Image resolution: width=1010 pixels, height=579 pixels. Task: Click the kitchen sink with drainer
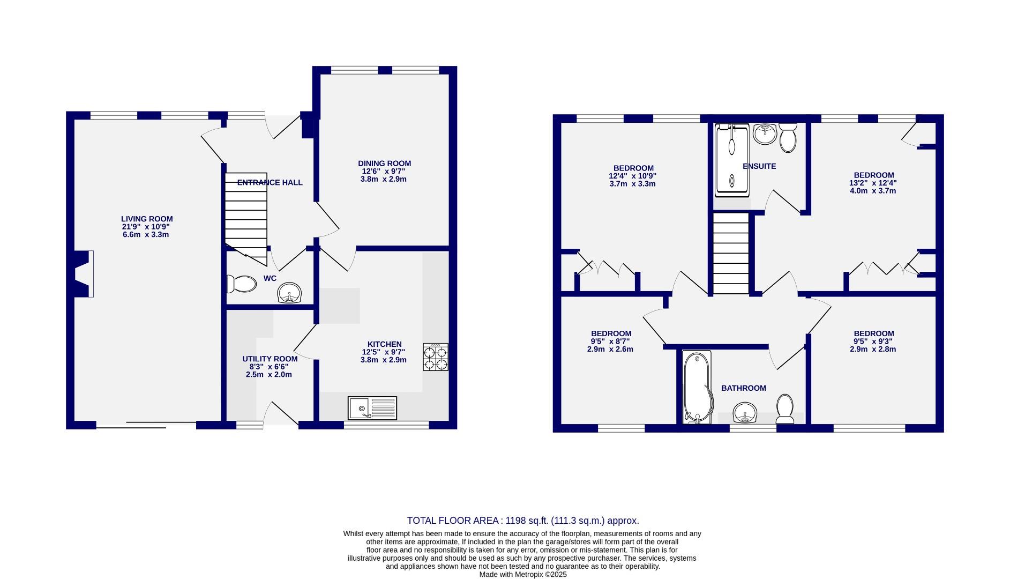pos(372,408)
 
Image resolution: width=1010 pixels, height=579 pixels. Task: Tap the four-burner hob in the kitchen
pos(436,357)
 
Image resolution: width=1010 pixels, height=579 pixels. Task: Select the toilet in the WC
pos(242,284)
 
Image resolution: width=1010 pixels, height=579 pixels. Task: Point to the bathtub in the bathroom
pos(697,387)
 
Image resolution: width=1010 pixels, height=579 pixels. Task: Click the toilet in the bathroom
pos(785,409)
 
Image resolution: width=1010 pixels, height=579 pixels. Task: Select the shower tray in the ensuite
pos(731,158)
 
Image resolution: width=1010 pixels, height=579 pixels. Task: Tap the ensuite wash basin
pos(765,134)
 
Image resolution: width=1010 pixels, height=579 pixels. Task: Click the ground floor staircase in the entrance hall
pos(246,217)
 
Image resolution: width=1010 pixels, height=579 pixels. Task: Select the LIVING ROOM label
pos(147,219)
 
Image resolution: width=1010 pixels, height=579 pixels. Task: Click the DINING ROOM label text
pos(384,164)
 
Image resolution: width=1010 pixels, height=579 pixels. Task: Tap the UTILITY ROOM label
pos(270,359)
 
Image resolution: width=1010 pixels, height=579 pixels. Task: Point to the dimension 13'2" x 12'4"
pos(873,183)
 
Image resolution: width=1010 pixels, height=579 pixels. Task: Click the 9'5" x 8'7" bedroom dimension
pos(610,341)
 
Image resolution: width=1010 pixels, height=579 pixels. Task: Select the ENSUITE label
pos(759,166)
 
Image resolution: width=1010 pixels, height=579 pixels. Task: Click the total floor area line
pos(522,521)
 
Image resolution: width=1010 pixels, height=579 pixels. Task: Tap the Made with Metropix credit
pos(522,574)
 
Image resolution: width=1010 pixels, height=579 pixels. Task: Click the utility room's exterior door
pos(281,415)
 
